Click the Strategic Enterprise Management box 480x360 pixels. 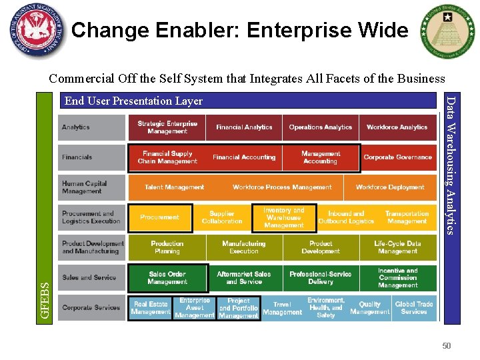click(167, 127)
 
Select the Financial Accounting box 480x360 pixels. click(244, 157)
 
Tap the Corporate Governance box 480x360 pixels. click(398, 157)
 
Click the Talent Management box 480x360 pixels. click(175, 187)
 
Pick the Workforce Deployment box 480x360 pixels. click(390, 187)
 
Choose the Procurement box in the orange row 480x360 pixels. click(160, 217)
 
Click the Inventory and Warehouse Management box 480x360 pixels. click(283, 217)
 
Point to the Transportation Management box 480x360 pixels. click(407, 217)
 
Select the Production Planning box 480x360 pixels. click(167, 247)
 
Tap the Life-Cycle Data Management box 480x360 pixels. click(398, 247)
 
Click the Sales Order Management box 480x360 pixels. click(167, 278)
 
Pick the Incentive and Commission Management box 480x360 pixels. click(398, 278)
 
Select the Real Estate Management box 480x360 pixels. click(151, 308)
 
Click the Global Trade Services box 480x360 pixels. click(414, 308)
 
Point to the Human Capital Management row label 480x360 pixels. click(91, 187)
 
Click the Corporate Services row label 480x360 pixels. click(91, 308)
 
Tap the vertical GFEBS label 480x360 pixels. click(45, 300)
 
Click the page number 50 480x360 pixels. click(447, 345)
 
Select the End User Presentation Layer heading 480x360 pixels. click(133, 101)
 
